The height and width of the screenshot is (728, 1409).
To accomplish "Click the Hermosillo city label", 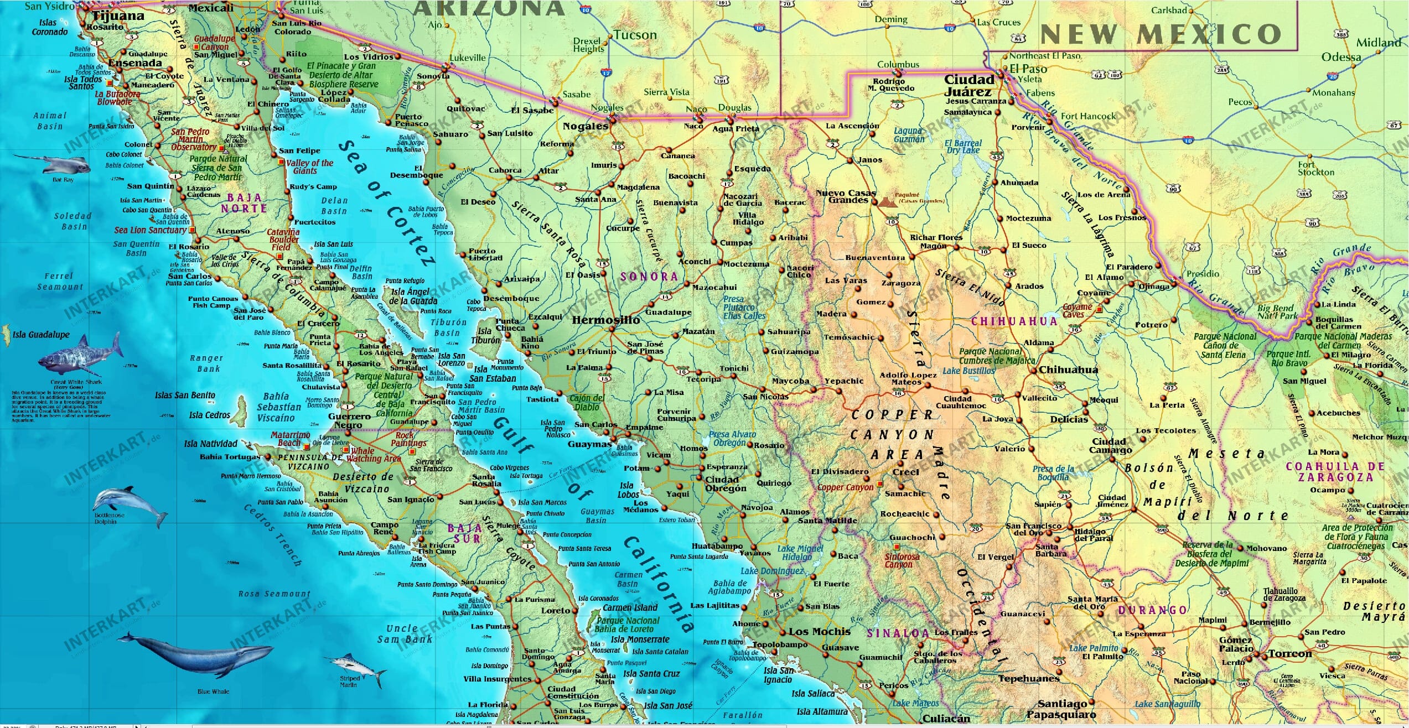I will pyautogui.click(x=605, y=320).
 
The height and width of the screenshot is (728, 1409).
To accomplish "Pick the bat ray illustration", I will pyautogui.click(x=55, y=163).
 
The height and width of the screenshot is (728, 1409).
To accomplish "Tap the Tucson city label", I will pyautogui.click(x=635, y=35).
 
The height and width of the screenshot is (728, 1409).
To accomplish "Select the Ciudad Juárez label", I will pyautogui.click(x=969, y=85).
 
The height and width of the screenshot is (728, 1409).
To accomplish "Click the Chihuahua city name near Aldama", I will pyautogui.click(x=1068, y=370).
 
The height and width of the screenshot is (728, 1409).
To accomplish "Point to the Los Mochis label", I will pyautogui.click(x=820, y=632).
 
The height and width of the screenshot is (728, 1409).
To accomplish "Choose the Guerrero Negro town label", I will pyautogui.click(x=349, y=421).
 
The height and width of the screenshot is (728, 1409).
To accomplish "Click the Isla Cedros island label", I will pyautogui.click(x=209, y=415).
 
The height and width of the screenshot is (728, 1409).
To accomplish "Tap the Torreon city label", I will pyautogui.click(x=1289, y=653).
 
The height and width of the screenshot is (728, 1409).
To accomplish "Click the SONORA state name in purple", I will pyautogui.click(x=649, y=277).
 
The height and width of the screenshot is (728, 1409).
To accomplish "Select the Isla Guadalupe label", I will pyautogui.click(x=41, y=335).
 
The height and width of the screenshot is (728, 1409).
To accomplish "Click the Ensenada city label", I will pyautogui.click(x=135, y=63).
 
